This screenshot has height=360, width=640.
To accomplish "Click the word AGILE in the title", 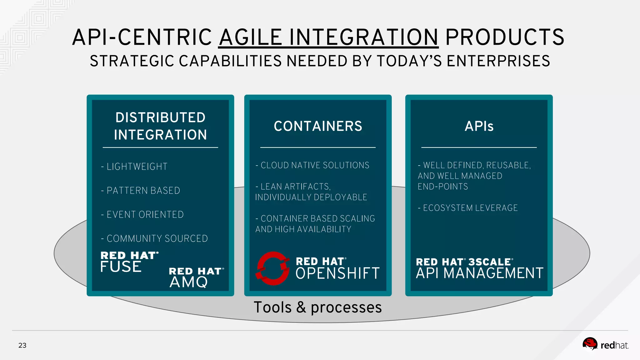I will coord(251,37).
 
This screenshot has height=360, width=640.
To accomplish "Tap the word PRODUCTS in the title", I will coord(504,37).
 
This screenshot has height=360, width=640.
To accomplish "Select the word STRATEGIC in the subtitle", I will coord(132,61).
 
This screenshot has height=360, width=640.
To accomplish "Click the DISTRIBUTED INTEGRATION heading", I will coord(160,126).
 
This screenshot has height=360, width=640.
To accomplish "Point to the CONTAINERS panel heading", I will coord(318,126).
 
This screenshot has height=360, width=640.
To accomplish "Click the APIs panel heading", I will coord(479,126).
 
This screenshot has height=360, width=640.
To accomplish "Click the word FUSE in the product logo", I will coord(121,267).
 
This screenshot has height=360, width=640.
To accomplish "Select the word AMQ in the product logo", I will coord(188,282).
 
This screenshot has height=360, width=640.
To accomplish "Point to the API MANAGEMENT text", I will coord(479,273).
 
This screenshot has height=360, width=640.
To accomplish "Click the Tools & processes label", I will coord(317,307).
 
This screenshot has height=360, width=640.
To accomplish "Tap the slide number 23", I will coord(22,345).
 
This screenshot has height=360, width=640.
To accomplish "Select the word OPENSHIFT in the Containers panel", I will coord(337,274).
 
